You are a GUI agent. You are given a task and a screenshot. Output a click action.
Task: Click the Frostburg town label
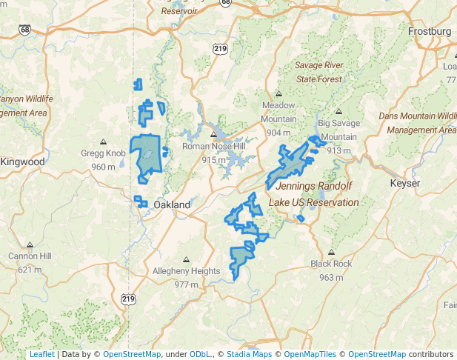[430, 32]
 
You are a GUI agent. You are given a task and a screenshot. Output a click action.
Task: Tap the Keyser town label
[405, 183]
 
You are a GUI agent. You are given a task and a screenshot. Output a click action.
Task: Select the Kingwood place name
[22, 161]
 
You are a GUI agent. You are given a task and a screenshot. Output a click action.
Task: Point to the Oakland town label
[172, 204]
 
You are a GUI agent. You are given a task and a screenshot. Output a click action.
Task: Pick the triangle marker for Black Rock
[331, 253]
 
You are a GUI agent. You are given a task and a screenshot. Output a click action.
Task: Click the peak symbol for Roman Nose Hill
[213, 135]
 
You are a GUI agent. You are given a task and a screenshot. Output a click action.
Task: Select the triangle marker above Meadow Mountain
[278, 94]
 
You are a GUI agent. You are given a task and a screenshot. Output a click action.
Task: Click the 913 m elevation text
[338, 150]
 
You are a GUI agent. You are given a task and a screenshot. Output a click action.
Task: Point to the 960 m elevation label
[104, 167]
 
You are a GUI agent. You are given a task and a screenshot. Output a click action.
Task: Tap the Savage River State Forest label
[319, 72]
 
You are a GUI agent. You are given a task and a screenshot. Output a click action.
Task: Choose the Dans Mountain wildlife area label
[418, 122]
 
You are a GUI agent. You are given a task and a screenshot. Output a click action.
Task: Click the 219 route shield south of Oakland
[128, 299]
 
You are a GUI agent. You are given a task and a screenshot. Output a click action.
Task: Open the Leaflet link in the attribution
[41, 354]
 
